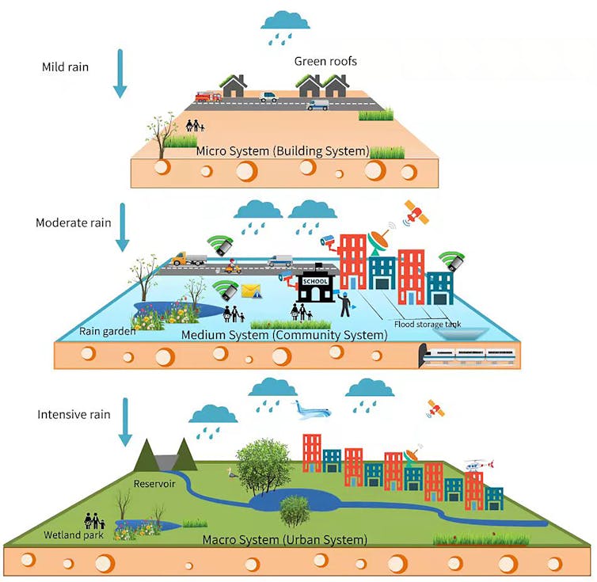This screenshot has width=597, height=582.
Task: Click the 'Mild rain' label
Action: click(65, 67)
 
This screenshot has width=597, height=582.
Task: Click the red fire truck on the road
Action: click(207, 97)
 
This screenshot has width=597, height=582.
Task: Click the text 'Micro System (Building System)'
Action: click(283, 150)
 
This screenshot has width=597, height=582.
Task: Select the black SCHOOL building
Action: click(315, 284)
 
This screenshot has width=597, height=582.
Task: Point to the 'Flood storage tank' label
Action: click(427, 323)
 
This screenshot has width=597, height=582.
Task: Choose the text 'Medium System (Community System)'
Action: click(284, 335)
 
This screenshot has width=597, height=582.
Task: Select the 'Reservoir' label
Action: click(154, 483)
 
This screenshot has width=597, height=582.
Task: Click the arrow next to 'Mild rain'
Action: click(120, 74)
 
